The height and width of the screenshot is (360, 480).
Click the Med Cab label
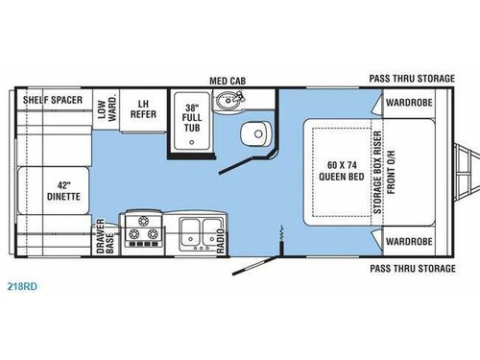(x=227, y=82)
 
